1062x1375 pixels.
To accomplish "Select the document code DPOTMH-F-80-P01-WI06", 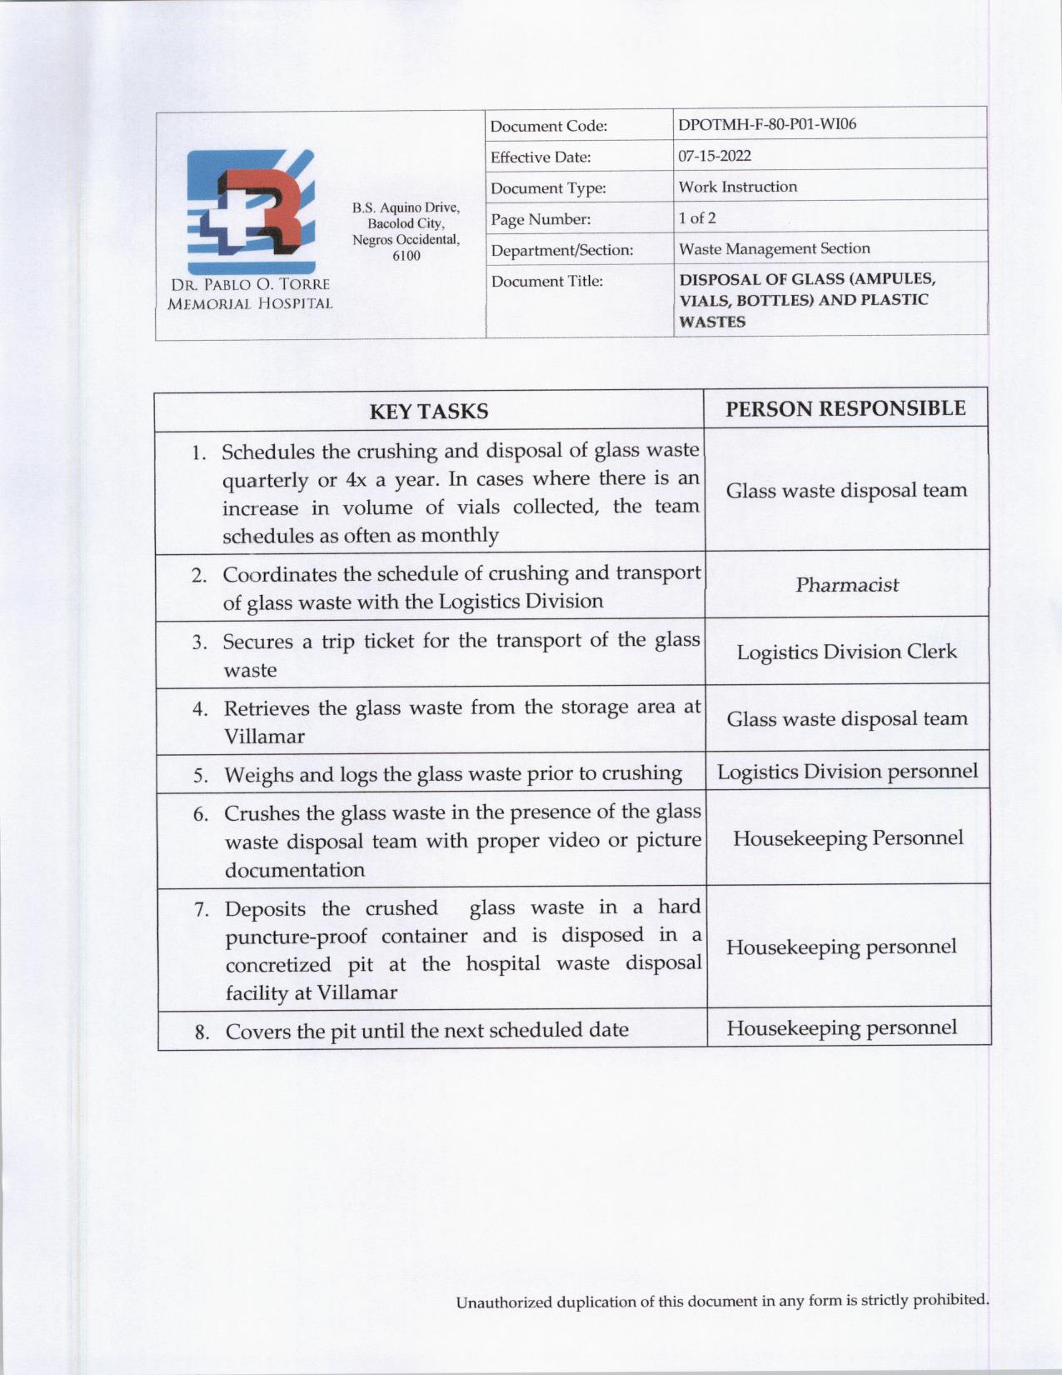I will click(x=767, y=125).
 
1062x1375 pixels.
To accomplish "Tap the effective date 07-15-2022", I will click(x=715, y=156).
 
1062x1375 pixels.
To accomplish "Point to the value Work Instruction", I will click(x=737, y=187).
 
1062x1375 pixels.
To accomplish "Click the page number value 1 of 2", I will click(x=696, y=218).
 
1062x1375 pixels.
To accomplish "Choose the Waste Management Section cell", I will click(x=774, y=249).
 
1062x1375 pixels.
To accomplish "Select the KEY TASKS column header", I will click(x=428, y=412).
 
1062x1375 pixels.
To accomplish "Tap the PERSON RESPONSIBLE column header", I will click(x=845, y=408).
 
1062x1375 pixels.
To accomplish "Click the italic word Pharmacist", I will click(x=846, y=585).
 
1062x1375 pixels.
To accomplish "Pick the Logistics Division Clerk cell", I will click(x=846, y=652).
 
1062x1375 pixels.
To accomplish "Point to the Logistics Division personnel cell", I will click(x=847, y=772).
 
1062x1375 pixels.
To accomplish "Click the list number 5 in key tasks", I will click(x=201, y=776).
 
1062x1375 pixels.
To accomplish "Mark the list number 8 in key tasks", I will click(x=202, y=1032).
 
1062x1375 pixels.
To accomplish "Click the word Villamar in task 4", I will click(x=264, y=737).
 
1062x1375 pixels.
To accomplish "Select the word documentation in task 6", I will click(x=295, y=870).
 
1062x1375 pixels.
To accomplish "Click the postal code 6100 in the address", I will click(x=406, y=256).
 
